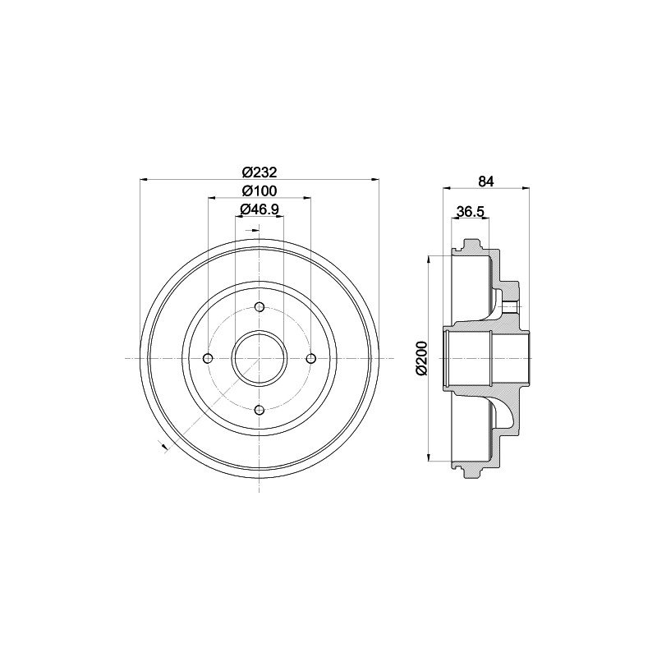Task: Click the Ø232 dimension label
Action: click(x=260, y=172)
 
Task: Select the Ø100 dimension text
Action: click(x=260, y=191)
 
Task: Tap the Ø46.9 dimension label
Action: click(x=260, y=209)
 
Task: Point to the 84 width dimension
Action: click(x=486, y=181)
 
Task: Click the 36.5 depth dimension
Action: click(x=470, y=212)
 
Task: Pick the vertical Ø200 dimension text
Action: click(x=421, y=358)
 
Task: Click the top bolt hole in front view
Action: click(x=260, y=307)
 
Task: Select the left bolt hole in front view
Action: click(x=208, y=359)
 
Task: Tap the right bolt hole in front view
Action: click(x=311, y=359)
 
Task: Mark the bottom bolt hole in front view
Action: click(x=260, y=410)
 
